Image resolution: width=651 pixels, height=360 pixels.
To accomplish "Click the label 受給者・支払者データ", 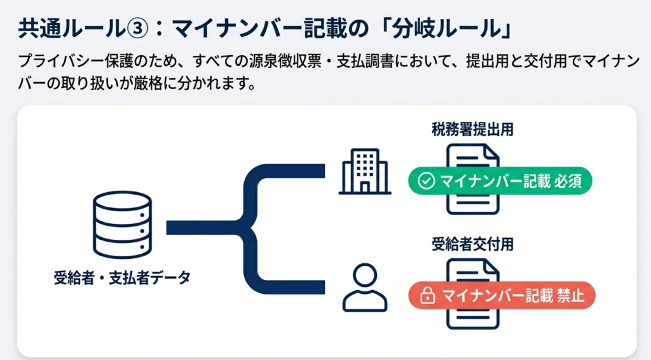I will point(123,277).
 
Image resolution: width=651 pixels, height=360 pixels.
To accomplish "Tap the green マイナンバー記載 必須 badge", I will point(500,182).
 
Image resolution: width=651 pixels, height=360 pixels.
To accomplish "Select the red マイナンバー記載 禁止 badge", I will point(502,296).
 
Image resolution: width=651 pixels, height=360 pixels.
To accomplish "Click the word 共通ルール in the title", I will point(69,30).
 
